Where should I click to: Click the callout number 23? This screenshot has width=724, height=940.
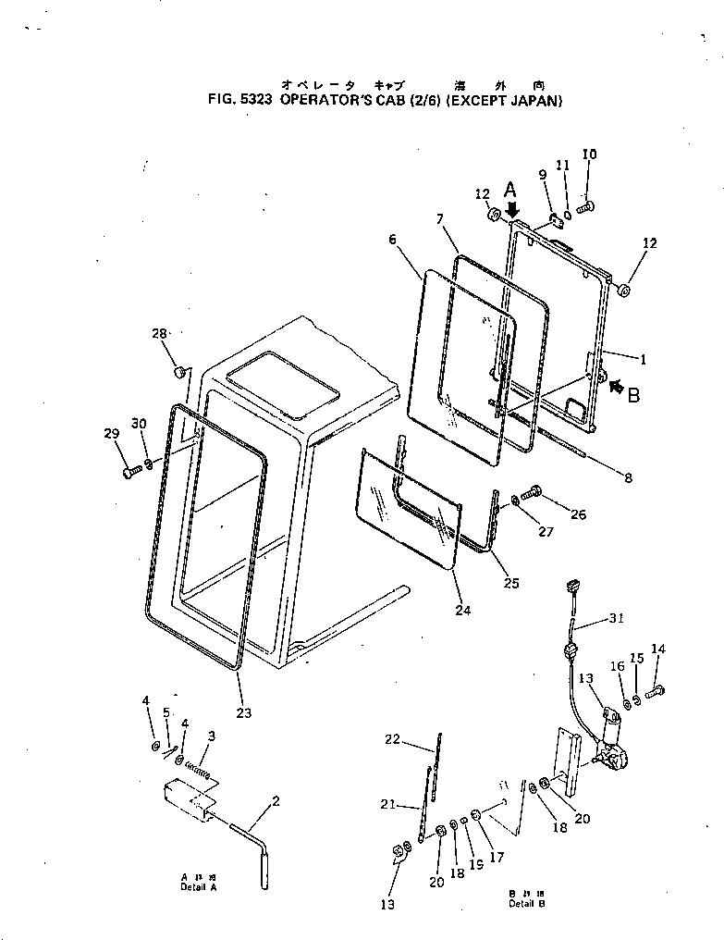point(243,712)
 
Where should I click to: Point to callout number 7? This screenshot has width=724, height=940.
point(441,219)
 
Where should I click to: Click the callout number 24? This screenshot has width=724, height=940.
point(462,610)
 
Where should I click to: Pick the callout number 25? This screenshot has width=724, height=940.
point(510,583)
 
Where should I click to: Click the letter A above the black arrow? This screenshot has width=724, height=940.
point(509,190)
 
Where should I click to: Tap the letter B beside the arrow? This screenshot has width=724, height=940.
point(633,397)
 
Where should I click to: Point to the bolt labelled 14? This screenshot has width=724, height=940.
point(656,690)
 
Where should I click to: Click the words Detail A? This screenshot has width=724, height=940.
point(199,886)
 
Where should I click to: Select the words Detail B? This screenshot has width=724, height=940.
point(526,903)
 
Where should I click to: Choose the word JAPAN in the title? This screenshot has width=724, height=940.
point(536,100)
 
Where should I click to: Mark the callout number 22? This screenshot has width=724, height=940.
point(392,738)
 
